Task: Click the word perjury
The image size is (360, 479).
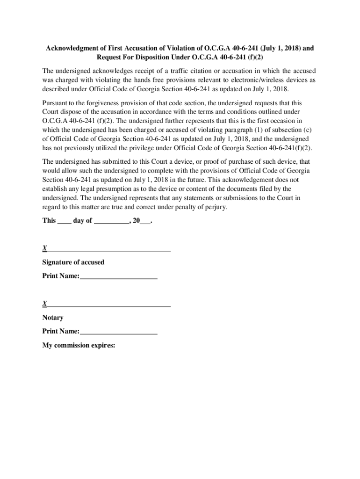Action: (215, 207)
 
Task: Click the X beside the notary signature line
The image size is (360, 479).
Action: (44, 304)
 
